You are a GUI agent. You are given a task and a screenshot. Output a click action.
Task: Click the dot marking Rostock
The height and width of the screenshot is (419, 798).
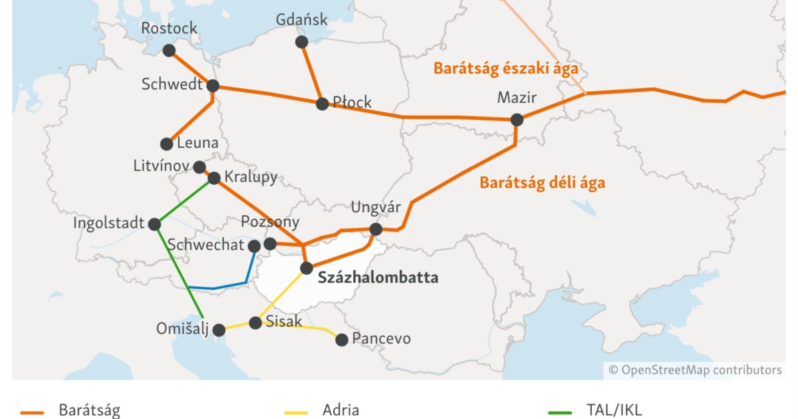click(x=169, y=51)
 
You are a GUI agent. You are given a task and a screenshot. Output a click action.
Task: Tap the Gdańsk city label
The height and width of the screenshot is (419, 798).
click(x=302, y=20)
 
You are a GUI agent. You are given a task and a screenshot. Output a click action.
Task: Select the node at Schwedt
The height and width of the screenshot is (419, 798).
click(x=213, y=86)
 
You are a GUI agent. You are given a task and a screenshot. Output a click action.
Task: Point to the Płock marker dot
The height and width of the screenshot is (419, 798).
click(x=322, y=104)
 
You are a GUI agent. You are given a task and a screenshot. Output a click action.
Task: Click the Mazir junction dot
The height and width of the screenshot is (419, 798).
click(x=517, y=120)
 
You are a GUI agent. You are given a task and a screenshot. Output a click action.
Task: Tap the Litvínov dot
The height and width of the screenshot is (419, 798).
click(x=199, y=166)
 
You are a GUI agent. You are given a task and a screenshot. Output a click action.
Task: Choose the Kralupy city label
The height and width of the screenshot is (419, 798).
click(x=251, y=178)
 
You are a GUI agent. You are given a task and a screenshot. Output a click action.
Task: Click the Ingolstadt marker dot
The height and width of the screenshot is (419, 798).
click(x=154, y=224)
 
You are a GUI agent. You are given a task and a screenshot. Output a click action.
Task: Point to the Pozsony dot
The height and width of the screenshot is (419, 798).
click(x=270, y=244)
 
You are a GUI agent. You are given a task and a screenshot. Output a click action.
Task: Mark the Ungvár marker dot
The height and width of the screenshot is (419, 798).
click(x=376, y=229)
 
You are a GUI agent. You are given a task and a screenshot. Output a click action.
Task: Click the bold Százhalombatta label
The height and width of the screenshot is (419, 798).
click(x=378, y=278)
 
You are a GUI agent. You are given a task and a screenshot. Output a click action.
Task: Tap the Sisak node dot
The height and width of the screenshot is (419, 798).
click(x=255, y=323)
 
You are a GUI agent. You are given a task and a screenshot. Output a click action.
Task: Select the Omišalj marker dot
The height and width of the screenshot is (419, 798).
click(x=219, y=330)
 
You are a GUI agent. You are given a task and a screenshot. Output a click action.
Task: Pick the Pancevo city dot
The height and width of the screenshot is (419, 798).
click(x=342, y=340)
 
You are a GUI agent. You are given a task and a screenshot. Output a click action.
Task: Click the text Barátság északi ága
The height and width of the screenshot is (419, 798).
click(x=505, y=68)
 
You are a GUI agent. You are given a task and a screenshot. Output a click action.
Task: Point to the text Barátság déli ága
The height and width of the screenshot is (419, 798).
click(x=542, y=183)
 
